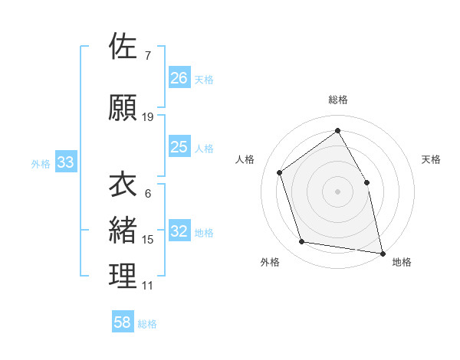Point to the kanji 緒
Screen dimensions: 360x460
123,230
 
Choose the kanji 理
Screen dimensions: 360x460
123,276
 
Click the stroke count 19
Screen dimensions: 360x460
148,117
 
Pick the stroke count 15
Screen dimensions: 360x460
148,240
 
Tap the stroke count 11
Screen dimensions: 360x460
148,286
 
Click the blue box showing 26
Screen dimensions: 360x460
179,77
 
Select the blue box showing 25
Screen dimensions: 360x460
179,147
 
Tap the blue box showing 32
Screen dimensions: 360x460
179,231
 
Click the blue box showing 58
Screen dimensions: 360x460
123,322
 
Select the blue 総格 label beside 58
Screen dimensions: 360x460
147,324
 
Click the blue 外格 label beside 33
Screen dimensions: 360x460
41,163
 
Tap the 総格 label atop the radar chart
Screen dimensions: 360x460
337,100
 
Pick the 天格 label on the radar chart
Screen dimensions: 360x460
431,159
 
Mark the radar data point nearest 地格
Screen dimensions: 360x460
381,252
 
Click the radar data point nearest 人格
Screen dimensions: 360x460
280,172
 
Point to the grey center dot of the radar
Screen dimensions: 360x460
337,191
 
